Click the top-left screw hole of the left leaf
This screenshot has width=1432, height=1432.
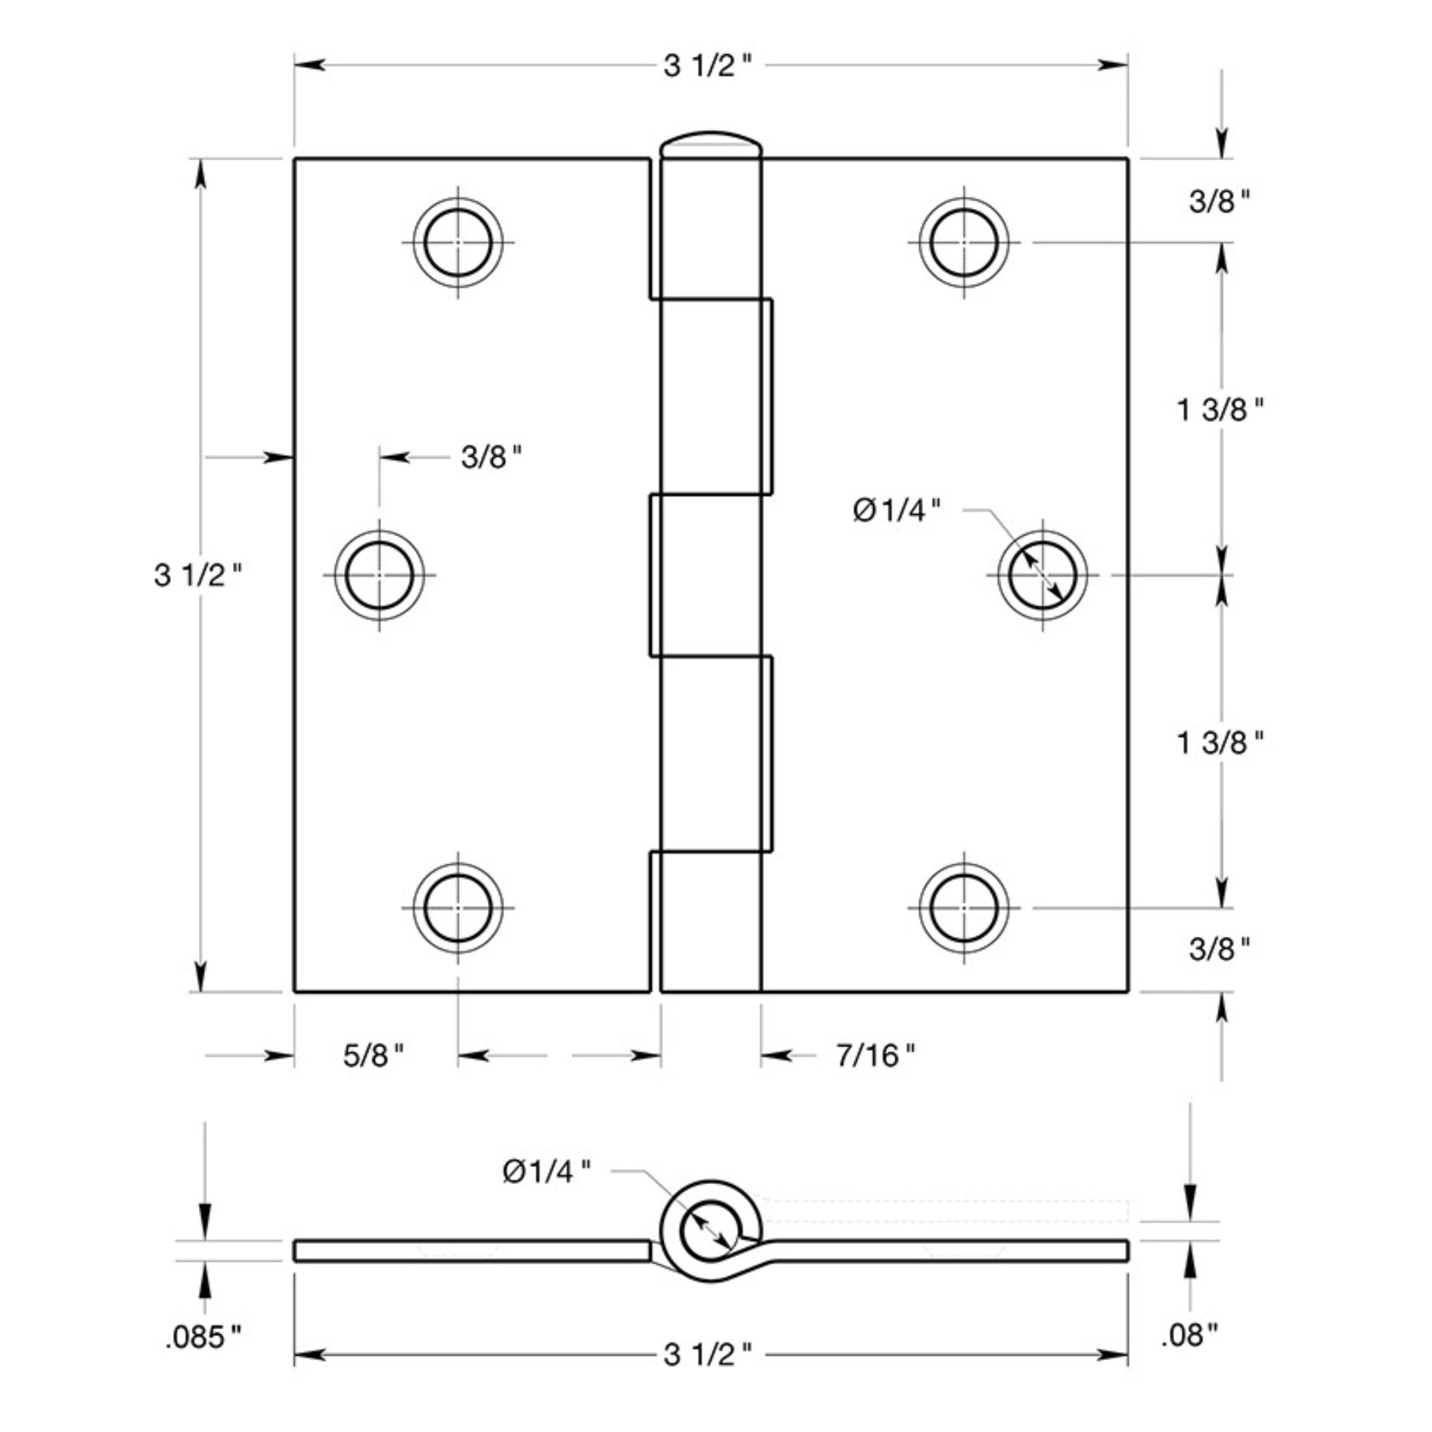458,243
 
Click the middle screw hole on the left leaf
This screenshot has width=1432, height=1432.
380,575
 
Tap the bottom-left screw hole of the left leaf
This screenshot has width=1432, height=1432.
458,908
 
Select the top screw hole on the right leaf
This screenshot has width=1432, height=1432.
964,243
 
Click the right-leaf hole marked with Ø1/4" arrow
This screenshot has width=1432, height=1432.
1043,575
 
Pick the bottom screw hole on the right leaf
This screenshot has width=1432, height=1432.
964,908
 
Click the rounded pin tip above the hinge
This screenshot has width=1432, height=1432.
711,144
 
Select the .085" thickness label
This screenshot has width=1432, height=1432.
203,1337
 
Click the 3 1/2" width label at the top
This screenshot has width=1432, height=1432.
708,67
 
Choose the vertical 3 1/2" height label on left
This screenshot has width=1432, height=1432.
198,575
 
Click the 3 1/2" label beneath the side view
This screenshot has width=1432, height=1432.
708,1355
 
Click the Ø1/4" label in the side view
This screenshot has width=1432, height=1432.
547,1172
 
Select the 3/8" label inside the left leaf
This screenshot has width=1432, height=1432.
491,457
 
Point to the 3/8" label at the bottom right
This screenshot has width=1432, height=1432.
1219,949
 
